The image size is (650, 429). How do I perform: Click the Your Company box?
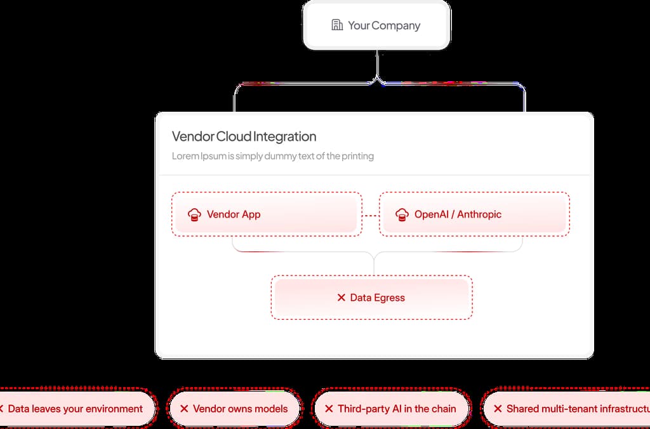pos(376,25)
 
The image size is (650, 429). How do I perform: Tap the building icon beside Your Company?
pos(337,25)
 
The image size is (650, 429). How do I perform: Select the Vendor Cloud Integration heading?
pos(244,136)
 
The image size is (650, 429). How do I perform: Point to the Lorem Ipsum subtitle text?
pos(272,156)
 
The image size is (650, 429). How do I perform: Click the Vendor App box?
pos(267,214)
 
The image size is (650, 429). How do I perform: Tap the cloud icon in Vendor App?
pos(195,214)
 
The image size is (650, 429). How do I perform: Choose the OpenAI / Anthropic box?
pos(474,214)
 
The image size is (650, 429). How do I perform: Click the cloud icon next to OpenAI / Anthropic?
pos(402,214)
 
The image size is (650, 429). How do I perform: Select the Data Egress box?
pos(371,298)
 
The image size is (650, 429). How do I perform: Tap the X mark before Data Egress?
pos(341,298)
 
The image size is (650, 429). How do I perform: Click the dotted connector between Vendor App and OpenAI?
pos(371,215)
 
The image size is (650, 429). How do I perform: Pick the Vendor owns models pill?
pos(233,409)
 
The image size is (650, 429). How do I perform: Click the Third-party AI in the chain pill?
pos(390,409)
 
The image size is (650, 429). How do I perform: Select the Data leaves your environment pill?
pos(75,409)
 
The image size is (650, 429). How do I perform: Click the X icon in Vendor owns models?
pos(184,409)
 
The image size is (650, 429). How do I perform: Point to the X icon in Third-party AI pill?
pos(329,409)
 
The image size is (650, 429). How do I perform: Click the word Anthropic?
pos(479,214)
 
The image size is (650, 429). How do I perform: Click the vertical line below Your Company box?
pos(377,63)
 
